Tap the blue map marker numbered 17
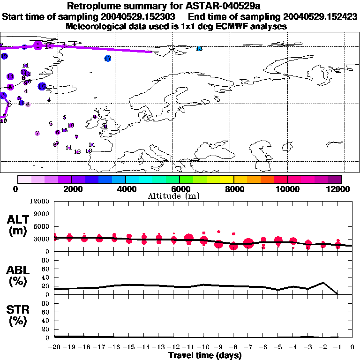(x=108, y=59)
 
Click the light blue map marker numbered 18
(x=199, y=49)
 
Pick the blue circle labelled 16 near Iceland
(x=42, y=86)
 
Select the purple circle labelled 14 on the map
(x=10, y=76)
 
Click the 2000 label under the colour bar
(x=71, y=189)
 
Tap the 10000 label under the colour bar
(x=287, y=189)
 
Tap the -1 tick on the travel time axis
(x=337, y=347)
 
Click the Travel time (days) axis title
(x=205, y=356)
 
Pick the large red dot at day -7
(x=248, y=243)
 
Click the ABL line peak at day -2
(x=323, y=283)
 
